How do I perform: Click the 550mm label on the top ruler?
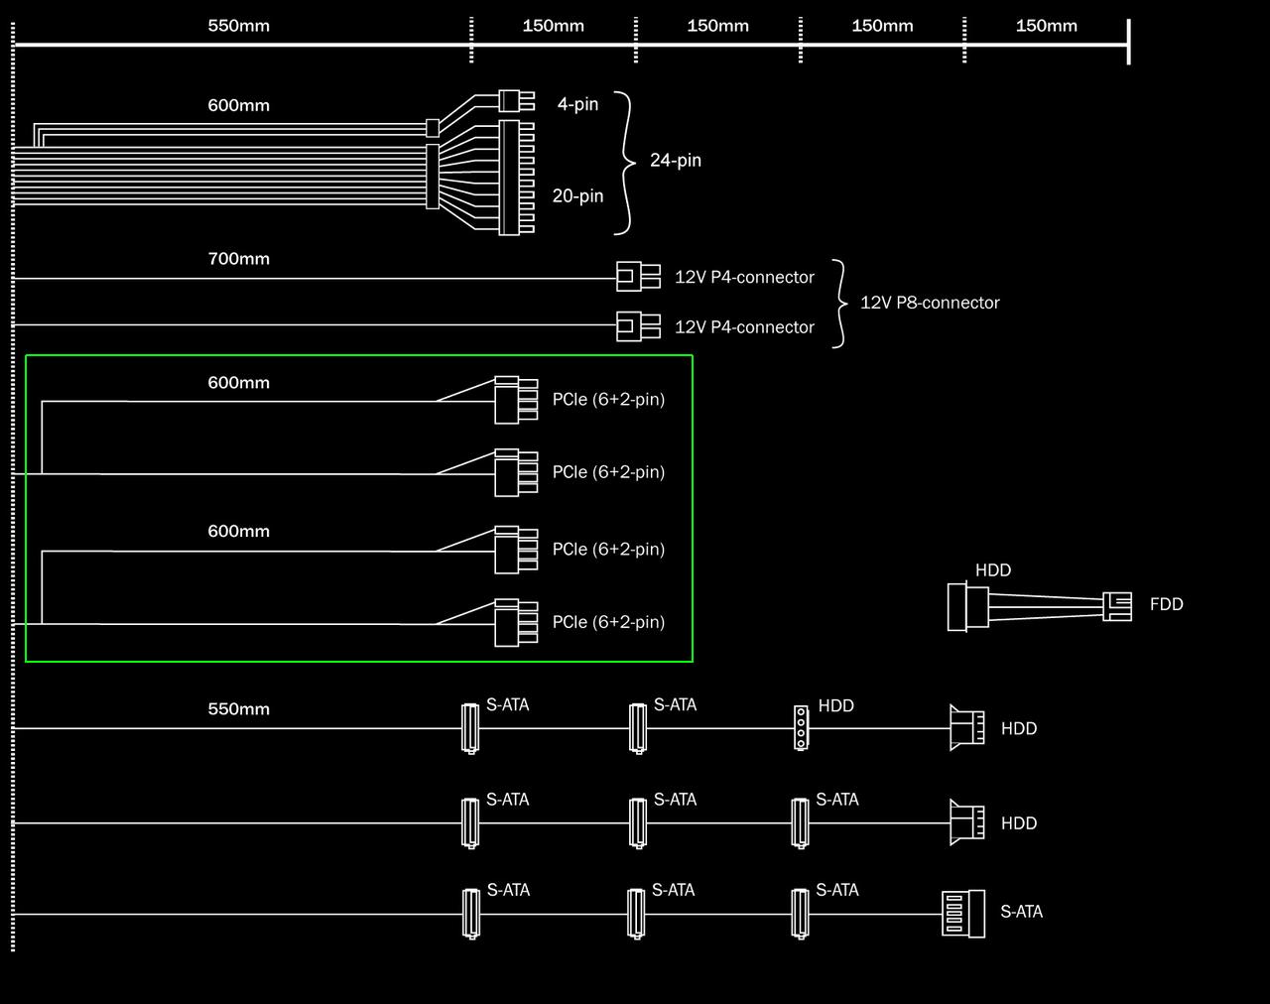(238, 26)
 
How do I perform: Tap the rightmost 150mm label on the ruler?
(1046, 26)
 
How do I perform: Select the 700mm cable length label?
(238, 259)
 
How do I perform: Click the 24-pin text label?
(675, 160)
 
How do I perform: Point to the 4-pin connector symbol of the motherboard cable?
(510, 100)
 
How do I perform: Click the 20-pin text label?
(577, 196)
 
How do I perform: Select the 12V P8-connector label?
(930, 303)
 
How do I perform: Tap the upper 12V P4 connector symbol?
(637, 277)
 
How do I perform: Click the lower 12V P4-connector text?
(744, 327)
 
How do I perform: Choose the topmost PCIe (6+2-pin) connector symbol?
(514, 399)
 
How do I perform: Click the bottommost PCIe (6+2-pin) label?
(608, 622)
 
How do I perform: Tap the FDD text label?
(1166, 604)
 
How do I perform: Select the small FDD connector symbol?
(1117, 606)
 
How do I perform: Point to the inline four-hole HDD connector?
(801, 727)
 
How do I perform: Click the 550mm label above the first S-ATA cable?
(238, 709)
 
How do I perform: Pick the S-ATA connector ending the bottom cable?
(962, 914)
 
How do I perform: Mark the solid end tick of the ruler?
(1128, 42)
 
